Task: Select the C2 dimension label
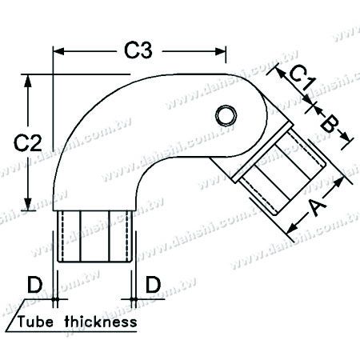pyautogui.click(x=30, y=142)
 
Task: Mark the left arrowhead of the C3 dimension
pyautogui.click(x=58, y=50)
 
